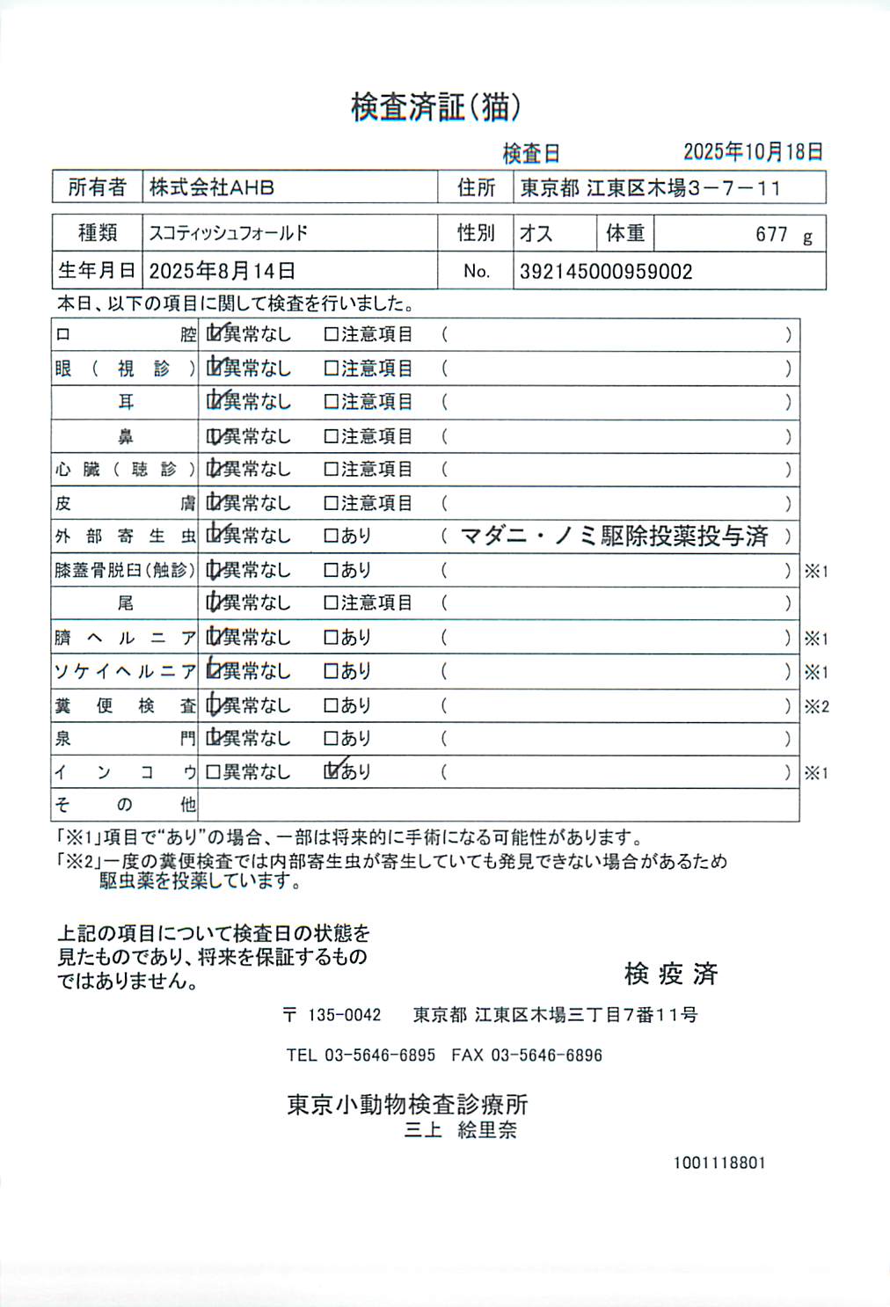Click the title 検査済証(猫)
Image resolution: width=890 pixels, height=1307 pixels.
click(x=435, y=107)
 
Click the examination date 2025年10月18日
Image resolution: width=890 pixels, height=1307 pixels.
click(x=753, y=151)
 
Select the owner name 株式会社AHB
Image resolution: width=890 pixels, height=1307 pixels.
click(x=212, y=187)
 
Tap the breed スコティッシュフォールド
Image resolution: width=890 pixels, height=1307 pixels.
click(x=229, y=233)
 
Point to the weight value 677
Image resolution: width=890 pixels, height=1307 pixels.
click(x=771, y=234)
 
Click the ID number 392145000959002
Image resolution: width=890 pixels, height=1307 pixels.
click(x=606, y=272)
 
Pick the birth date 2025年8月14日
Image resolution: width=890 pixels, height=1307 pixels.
click(x=222, y=271)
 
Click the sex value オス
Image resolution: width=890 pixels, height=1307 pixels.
click(x=536, y=233)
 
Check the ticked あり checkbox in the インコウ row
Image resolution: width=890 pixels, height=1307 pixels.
click(x=332, y=771)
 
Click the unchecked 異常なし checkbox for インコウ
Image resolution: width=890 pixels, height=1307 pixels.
click(x=213, y=772)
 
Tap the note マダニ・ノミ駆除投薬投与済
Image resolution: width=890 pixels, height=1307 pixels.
click(x=614, y=536)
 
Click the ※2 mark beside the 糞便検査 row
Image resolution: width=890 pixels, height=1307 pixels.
click(x=816, y=706)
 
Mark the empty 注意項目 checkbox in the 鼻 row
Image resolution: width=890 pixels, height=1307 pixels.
click(x=332, y=436)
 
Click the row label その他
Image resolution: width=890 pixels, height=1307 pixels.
click(x=125, y=804)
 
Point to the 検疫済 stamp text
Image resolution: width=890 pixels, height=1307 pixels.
click(x=671, y=974)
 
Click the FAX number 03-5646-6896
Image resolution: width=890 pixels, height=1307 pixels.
click(x=546, y=1055)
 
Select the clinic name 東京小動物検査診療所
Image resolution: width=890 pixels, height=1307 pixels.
click(x=407, y=1105)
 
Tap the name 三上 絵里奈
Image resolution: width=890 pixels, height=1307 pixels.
click(x=460, y=1130)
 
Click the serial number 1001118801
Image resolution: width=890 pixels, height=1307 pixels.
click(x=719, y=1163)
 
